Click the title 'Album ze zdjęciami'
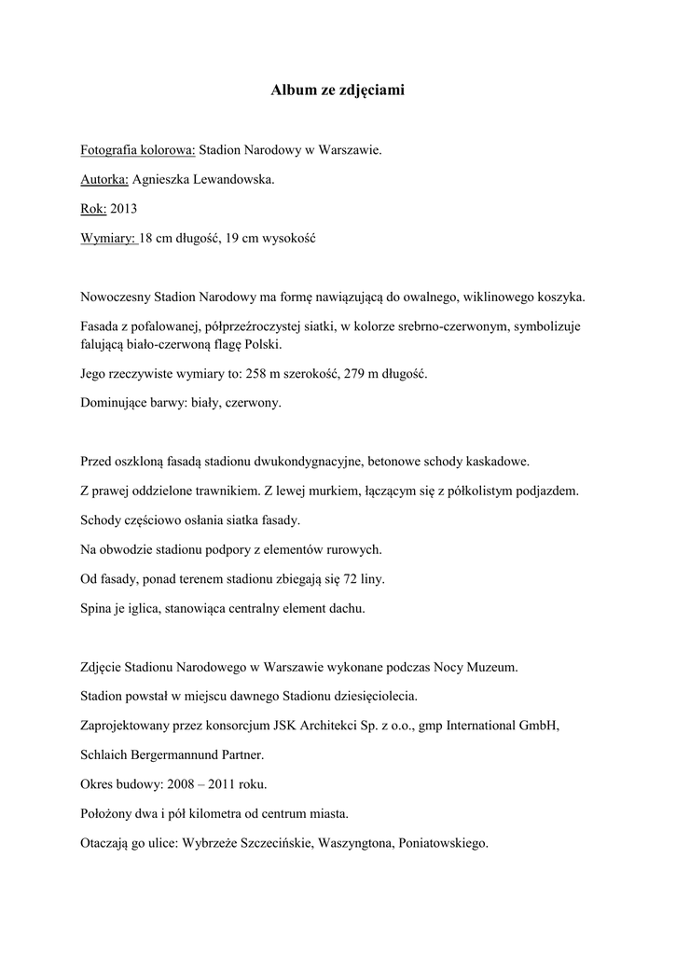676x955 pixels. click(x=338, y=90)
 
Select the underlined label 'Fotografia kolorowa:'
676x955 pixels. click(x=138, y=149)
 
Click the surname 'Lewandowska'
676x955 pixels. click(x=232, y=179)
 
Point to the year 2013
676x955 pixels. click(x=124, y=209)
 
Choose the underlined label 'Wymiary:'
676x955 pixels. click(x=109, y=239)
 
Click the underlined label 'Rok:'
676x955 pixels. click(x=94, y=209)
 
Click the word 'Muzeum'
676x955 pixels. click(x=492, y=668)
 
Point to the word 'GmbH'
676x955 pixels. click(x=540, y=725)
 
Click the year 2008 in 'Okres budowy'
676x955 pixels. click(x=196, y=784)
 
